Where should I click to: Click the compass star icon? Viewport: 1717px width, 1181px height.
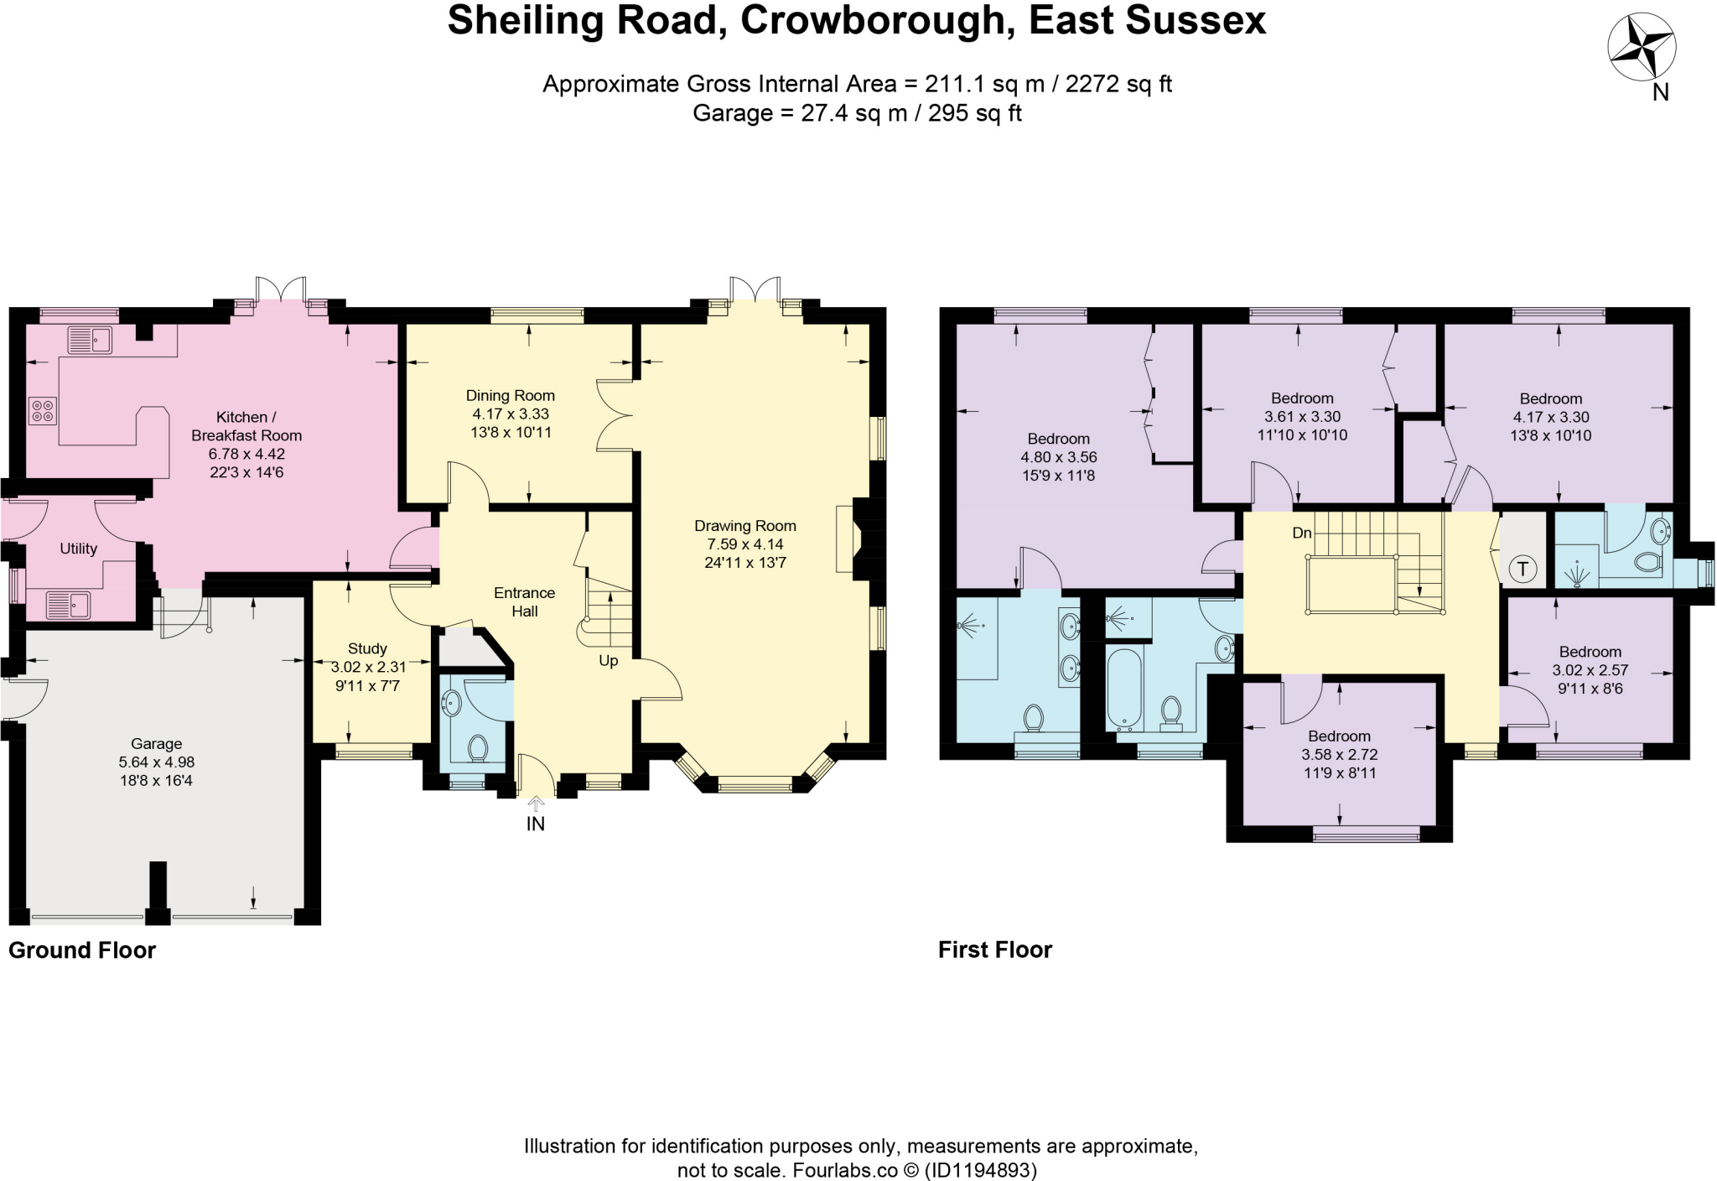click(x=1641, y=48)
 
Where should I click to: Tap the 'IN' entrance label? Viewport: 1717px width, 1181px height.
click(x=535, y=824)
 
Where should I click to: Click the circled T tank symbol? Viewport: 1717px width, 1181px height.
click(x=1522, y=570)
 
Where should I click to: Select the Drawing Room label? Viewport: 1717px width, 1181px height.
click(x=744, y=526)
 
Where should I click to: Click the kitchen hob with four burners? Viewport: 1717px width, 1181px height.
click(x=43, y=410)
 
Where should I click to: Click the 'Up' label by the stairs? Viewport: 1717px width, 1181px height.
click(x=608, y=660)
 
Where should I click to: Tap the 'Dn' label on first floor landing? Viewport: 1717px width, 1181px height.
click(x=1301, y=533)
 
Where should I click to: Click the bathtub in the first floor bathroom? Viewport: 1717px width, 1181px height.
click(x=1123, y=687)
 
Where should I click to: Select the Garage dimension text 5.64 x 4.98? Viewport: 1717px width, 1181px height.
click(x=156, y=762)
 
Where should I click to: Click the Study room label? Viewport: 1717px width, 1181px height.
click(x=367, y=648)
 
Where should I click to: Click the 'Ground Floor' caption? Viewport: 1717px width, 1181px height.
click(x=82, y=950)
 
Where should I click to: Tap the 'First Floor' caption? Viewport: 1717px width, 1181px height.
click(x=994, y=949)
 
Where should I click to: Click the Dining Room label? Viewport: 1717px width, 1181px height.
click(x=510, y=395)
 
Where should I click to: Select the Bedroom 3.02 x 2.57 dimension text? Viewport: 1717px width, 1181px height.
click(x=1590, y=670)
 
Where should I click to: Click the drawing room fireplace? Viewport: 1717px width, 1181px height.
click(x=845, y=539)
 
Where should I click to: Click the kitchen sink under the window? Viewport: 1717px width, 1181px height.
click(x=90, y=340)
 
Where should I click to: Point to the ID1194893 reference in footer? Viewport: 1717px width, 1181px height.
click(x=980, y=1169)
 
